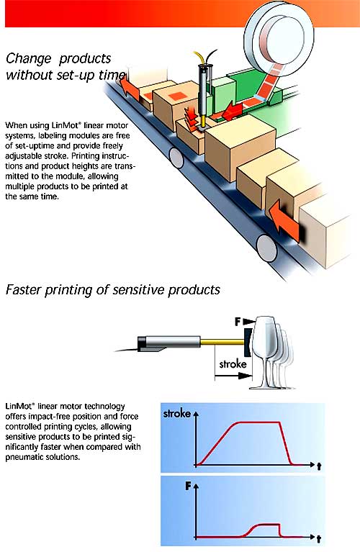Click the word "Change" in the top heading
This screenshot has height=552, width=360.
(29, 58)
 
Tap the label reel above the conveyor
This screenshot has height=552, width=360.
(279, 31)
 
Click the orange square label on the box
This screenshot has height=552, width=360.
(176, 96)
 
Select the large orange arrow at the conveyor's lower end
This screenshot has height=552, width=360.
(284, 221)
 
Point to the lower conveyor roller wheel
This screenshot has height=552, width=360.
(266, 248)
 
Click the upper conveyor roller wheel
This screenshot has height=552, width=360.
(176, 158)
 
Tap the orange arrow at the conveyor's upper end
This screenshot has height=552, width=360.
(128, 86)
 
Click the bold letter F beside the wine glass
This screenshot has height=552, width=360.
(238, 322)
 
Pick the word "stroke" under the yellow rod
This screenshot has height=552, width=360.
(233, 363)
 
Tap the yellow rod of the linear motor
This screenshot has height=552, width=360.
(222, 340)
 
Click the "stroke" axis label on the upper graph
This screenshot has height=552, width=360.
(177, 413)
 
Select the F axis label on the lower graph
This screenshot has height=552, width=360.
(189, 487)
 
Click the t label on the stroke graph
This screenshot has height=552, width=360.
(319, 466)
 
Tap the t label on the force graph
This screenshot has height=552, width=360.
(319, 539)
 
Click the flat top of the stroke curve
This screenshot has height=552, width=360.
(259, 422)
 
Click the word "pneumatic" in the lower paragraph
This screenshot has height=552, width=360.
(24, 457)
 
